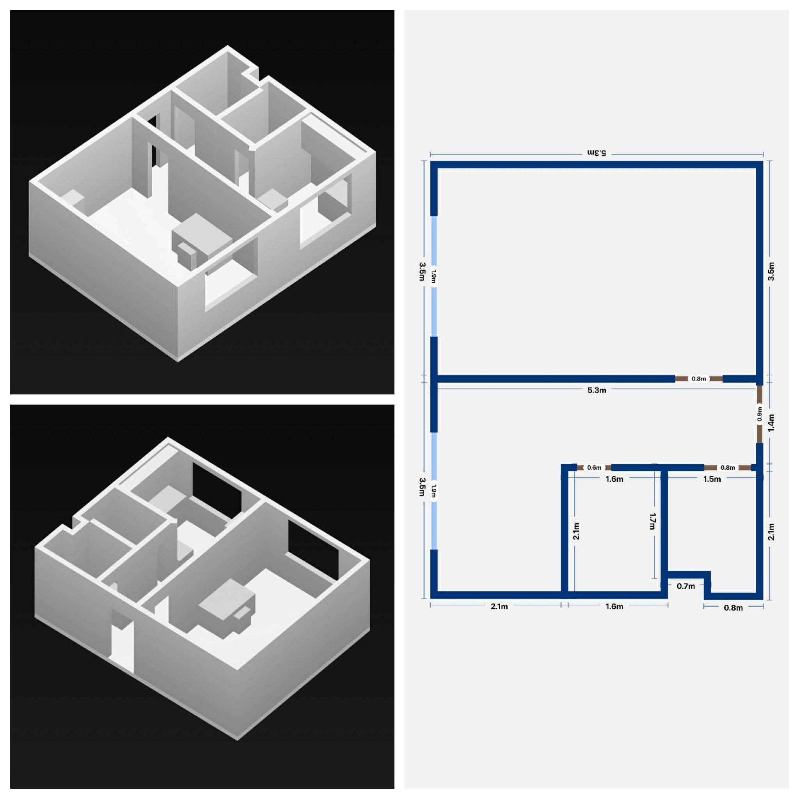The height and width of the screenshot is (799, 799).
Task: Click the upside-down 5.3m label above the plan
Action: [597, 153]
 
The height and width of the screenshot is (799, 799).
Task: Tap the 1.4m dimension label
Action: [771, 423]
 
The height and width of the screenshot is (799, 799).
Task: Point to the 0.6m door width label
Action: [594, 468]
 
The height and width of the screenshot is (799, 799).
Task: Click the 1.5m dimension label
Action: [712, 479]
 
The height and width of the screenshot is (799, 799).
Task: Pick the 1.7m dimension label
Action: [653, 521]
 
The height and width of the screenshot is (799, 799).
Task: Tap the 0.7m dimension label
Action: [686, 586]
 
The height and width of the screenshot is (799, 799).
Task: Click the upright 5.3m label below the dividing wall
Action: [597, 390]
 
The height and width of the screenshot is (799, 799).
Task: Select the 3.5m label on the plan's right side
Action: [771, 272]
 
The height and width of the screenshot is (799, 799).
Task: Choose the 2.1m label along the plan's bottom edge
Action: [499, 606]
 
